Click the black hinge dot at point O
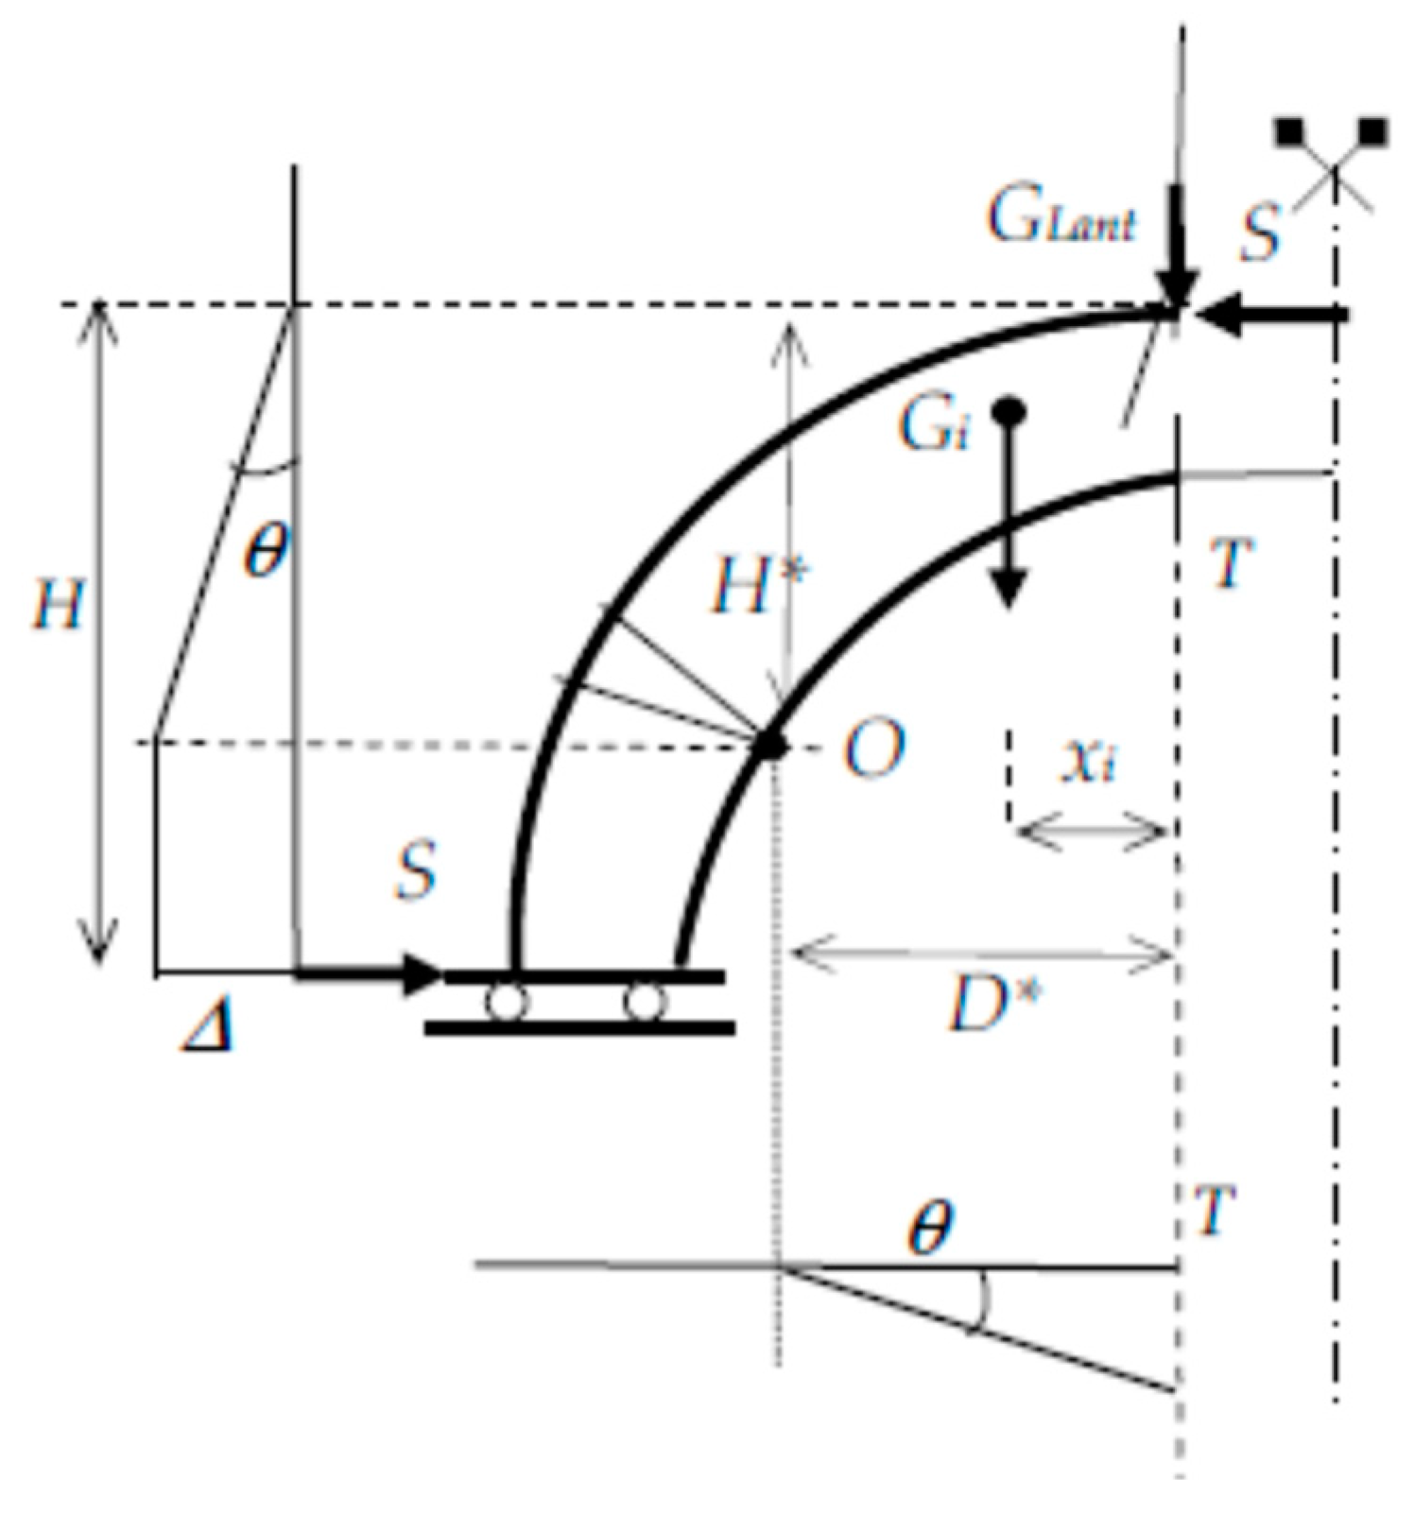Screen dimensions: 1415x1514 tap(773, 746)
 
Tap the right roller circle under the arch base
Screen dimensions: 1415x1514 tap(645, 1003)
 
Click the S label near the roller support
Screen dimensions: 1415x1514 tap(416, 870)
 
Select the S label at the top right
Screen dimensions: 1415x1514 tap(1260, 232)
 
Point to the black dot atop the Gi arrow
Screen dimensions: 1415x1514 tap(1009, 412)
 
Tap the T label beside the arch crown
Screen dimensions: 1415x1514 tap(1233, 563)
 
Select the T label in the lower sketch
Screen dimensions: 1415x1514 tap(1214, 1211)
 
